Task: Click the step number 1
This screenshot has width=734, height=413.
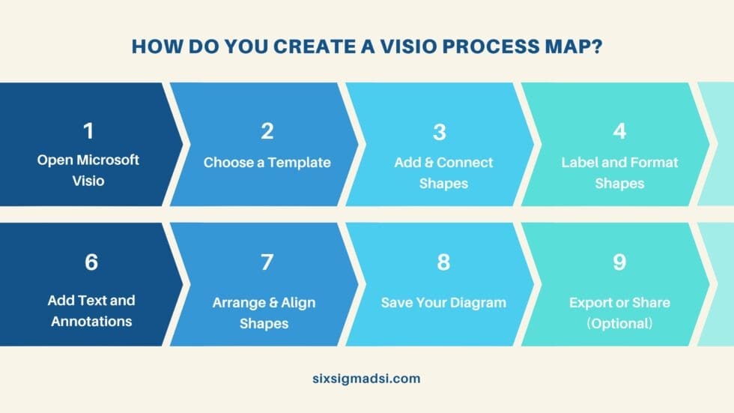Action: pos(88,131)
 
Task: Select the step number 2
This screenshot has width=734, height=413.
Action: pos(267,131)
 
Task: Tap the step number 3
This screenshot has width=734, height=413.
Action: pos(440,132)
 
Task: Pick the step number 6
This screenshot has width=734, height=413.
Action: pos(91,262)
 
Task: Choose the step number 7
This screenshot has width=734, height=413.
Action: pos(267,262)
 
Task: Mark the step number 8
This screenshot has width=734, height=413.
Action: pos(443,262)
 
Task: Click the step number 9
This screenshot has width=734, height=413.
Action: pos(619,262)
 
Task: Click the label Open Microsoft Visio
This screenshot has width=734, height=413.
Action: pos(88,169)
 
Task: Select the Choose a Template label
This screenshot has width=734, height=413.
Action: pos(267,162)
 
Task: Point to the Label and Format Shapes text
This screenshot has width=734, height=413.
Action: pos(619,172)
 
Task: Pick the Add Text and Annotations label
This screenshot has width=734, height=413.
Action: pos(91,311)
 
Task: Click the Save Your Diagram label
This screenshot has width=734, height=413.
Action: pos(443,303)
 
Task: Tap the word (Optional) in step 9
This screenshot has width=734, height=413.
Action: pos(619,324)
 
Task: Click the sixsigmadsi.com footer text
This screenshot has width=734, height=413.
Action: pos(367,379)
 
